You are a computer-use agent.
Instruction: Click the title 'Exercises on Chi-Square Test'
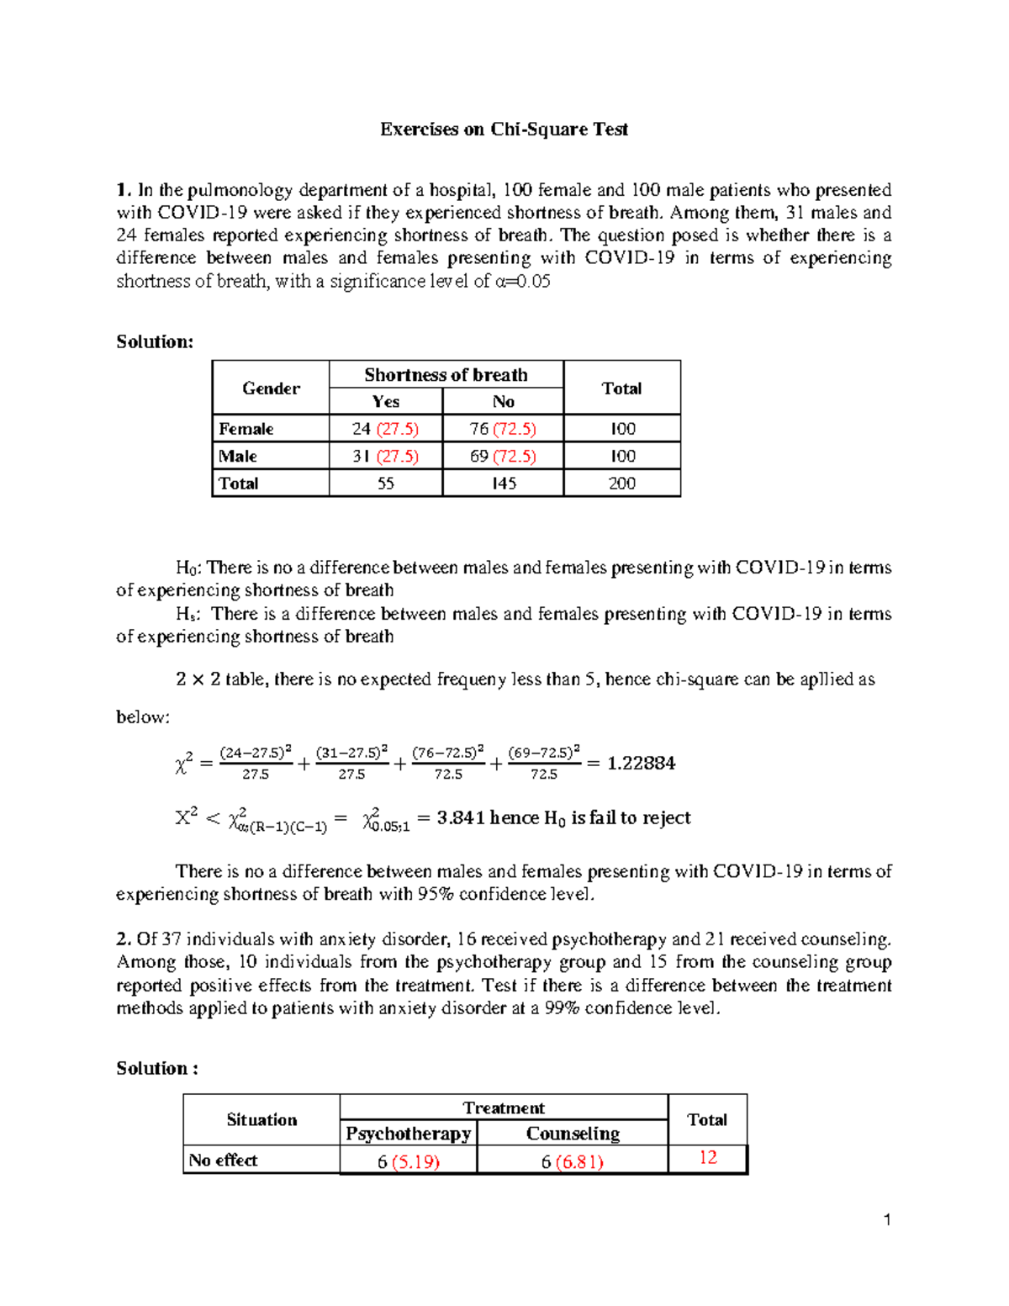pyautogui.click(x=504, y=130)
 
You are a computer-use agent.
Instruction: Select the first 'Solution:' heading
pyautogui.click(x=155, y=341)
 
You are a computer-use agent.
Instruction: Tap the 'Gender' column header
pyautogui.click(x=271, y=388)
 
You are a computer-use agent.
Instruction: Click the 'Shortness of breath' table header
pyautogui.click(x=446, y=375)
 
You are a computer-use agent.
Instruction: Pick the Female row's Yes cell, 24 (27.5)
pyautogui.click(x=385, y=429)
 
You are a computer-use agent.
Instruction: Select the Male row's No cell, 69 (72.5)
pyautogui.click(x=503, y=456)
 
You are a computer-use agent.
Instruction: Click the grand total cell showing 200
pyautogui.click(x=621, y=484)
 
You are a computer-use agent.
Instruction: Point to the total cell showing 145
pyautogui.click(x=503, y=484)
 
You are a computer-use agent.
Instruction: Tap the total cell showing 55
pyautogui.click(x=385, y=484)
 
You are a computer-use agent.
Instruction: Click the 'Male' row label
pyautogui.click(x=238, y=456)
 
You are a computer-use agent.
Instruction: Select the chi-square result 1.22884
pyautogui.click(x=641, y=763)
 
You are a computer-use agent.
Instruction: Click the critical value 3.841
pyautogui.click(x=461, y=817)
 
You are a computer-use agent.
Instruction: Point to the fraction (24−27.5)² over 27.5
pyautogui.click(x=256, y=763)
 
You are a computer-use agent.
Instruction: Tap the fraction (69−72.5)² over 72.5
pyautogui.click(x=544, y=763)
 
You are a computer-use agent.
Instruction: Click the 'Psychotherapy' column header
pyautogui.click(x=409, y=1134)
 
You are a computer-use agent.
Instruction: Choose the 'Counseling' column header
pyautogui.click(x=573, y=1134)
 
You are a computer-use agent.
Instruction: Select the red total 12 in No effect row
pyautogui.click(x=708, y=1158)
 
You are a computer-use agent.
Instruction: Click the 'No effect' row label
pyautogui.click(x=223, y=1161)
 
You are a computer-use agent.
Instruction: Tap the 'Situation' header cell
pyautogui.click(x=261, y=1120)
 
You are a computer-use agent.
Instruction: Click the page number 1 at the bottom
pyautogui.click(x=886, y=1220)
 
